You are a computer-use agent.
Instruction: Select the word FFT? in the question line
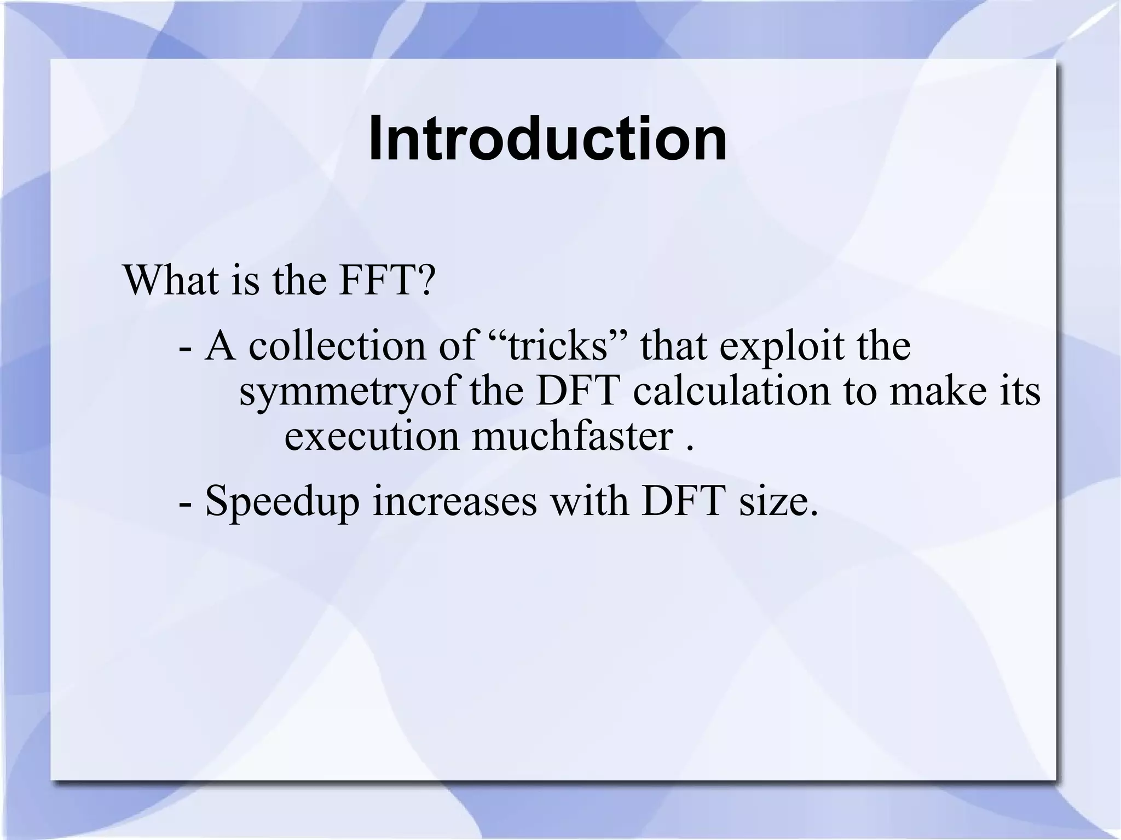(x=386, y=280)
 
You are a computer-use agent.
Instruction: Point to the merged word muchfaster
(x=573, y=437)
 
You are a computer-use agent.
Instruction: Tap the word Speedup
(x=282, y=502)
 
